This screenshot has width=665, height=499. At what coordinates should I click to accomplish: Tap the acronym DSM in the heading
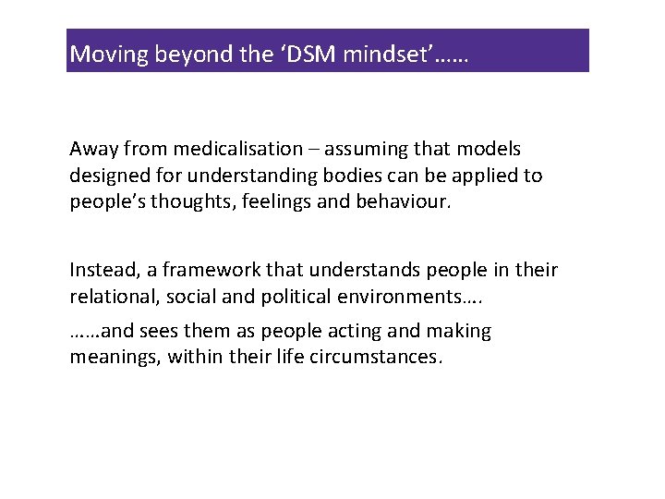click(309, 54)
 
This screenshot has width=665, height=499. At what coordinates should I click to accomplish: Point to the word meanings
click(115, 358)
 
